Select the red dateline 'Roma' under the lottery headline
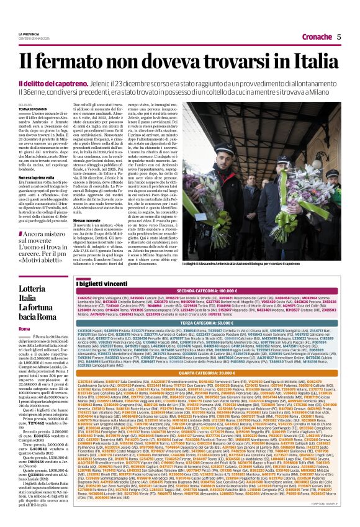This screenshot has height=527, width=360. [24, 328]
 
